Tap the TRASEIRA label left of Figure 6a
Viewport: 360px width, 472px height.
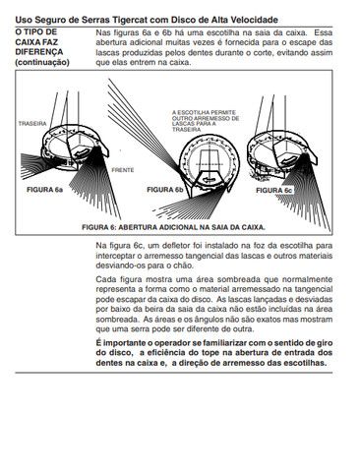click(32, 124)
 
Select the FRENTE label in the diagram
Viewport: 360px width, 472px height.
click(123, 170)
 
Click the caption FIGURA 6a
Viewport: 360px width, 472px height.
click(44, 190)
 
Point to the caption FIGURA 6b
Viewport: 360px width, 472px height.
click(165, 190)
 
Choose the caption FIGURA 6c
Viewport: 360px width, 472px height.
click(274, 191)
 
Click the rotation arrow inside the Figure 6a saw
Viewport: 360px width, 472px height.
click(81, 151)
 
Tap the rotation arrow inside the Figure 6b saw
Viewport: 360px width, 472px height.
click(210, 180)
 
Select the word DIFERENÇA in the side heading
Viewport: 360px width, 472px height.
click(39, 52)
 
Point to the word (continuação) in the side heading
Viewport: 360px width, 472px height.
click(42, 62)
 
